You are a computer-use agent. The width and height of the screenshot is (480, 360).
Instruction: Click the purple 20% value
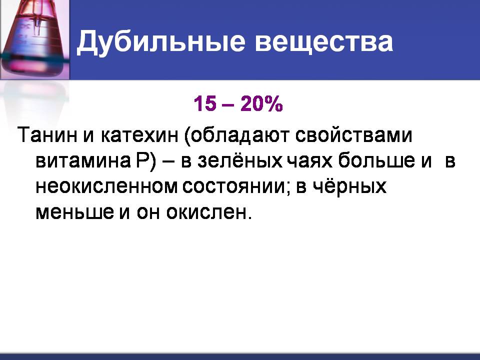click(261, 103)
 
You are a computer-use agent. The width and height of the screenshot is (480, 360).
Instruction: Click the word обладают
click(236, 135)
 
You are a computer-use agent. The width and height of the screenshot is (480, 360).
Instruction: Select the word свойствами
click(353, 134)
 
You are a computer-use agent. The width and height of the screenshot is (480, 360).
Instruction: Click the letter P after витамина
click(142, 160)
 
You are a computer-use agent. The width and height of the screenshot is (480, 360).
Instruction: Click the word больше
click(377, 160)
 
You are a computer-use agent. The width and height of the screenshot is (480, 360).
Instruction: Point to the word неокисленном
click(106, 186)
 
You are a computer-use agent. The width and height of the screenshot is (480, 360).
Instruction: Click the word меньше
click(74, 212)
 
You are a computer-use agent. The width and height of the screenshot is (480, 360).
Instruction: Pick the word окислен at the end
click(208, 211)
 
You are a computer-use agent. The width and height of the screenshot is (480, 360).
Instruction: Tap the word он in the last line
click(148, 212)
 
